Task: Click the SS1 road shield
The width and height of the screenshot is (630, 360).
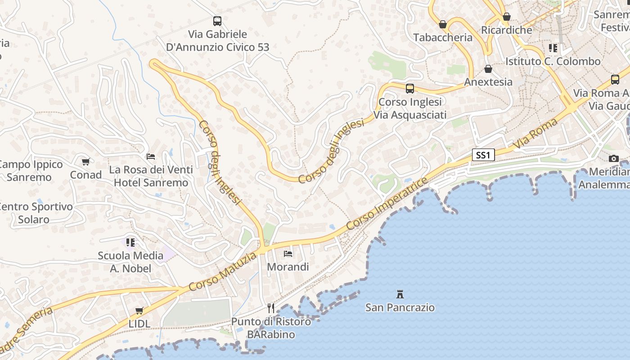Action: [x=483, y=155]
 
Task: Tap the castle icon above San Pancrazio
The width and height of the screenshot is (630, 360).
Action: [x=400, y=294]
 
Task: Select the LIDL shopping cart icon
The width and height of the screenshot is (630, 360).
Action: [x=139, y=310]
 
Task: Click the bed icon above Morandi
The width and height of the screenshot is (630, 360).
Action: [x=288, y=254]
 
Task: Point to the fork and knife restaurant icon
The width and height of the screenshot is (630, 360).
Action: [x=271, y=308]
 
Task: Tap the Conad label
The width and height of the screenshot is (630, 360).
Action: [x=86, y=175]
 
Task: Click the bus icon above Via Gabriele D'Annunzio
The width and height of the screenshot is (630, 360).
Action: [x=217, y=21]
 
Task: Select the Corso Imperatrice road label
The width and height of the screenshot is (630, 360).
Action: [x=387, y=204]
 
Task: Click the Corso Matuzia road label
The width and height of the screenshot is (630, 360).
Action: [x=223, y=271]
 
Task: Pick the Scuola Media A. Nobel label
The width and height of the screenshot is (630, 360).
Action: [x=130, y=262]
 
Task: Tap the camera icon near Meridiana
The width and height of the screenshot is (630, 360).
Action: [x=613, y=158]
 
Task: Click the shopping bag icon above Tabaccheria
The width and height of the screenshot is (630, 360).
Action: [x=443, y=24]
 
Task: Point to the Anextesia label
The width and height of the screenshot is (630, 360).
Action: [x=488, y=82]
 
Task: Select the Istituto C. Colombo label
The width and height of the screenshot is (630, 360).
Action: [x=553, y=61]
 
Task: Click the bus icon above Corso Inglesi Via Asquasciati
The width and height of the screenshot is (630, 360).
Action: [x=409, y=89]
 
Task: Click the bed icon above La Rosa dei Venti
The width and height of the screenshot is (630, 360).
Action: [x=151, y=157]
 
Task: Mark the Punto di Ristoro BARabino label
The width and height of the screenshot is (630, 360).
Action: [x=271, y=328]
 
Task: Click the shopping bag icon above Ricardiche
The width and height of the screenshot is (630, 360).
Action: [x=507, y=17]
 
